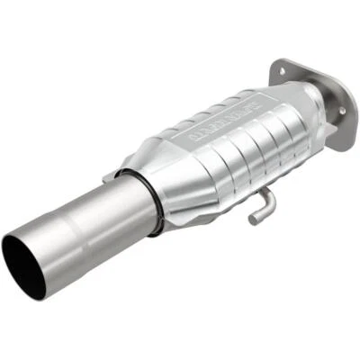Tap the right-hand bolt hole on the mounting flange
[340, 111]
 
